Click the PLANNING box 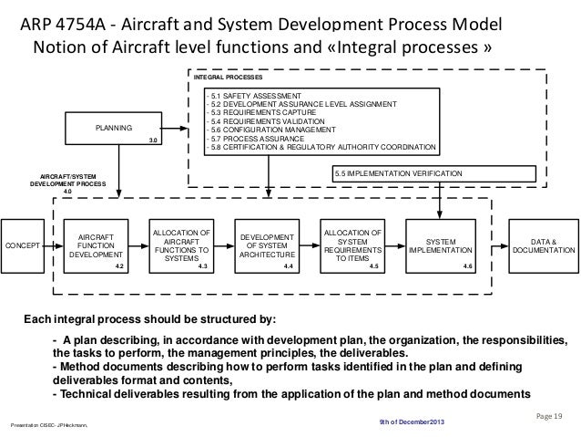click(x=114, y=127)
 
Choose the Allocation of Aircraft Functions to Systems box click(x=181, y=245)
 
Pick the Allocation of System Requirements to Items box click(x=352, y=245)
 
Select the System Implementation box click(x=441, y=245)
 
